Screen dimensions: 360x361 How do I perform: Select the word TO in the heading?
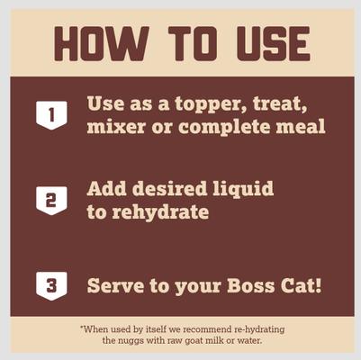coord(184,42)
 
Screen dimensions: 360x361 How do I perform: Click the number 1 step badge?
coord(51,114)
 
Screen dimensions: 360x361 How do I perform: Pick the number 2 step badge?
coord(51,200)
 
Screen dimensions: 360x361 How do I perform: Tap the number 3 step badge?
coord(51,286)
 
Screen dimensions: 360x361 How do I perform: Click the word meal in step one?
coord(299,127)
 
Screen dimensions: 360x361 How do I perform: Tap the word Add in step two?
coord(107,191)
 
